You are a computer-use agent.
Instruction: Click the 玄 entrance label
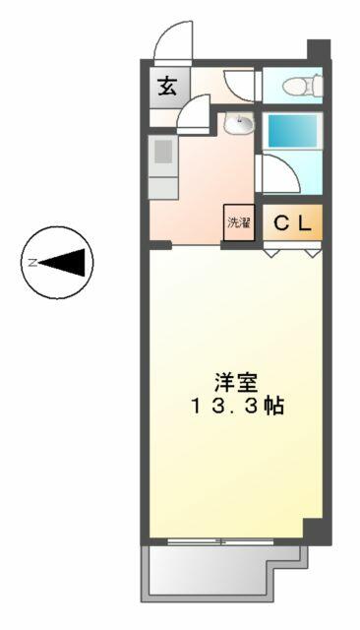167,87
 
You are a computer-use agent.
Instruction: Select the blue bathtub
292,131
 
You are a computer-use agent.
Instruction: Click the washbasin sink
238,122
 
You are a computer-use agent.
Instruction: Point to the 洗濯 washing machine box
239,222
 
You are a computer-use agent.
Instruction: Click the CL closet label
292,223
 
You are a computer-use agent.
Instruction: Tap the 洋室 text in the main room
236,382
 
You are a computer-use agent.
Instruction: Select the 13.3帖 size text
238,407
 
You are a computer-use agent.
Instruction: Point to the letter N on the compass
32,263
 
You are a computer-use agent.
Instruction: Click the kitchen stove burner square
163,151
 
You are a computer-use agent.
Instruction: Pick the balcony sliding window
220,541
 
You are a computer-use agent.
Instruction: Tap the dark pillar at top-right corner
319,49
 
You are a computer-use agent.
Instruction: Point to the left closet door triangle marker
271,253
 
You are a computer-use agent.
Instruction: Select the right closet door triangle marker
314,253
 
